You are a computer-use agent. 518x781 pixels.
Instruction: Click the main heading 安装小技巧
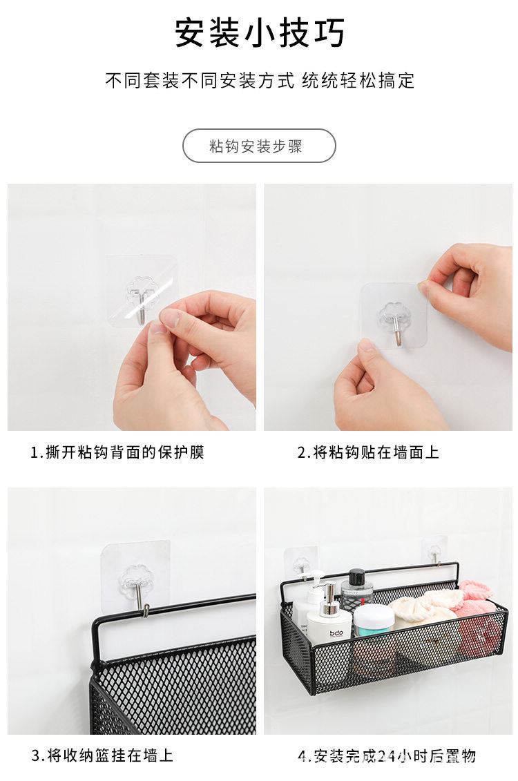[259, 33]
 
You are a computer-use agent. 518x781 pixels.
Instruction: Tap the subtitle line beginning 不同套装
[259, 80]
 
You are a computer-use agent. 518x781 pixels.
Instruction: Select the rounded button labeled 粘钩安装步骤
[259, 146]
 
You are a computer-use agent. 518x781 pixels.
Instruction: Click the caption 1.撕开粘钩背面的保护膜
[117, 452]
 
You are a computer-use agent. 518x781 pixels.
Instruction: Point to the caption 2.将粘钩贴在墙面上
[368, 452]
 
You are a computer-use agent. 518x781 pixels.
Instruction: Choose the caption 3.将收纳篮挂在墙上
[102, 755]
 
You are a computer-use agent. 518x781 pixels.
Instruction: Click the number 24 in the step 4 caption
[387, 756]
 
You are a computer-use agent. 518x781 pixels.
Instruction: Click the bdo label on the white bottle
[336, 633]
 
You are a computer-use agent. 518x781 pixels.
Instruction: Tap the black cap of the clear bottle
[356, 576]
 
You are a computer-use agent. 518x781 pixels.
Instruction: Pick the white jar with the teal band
[374, 619]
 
